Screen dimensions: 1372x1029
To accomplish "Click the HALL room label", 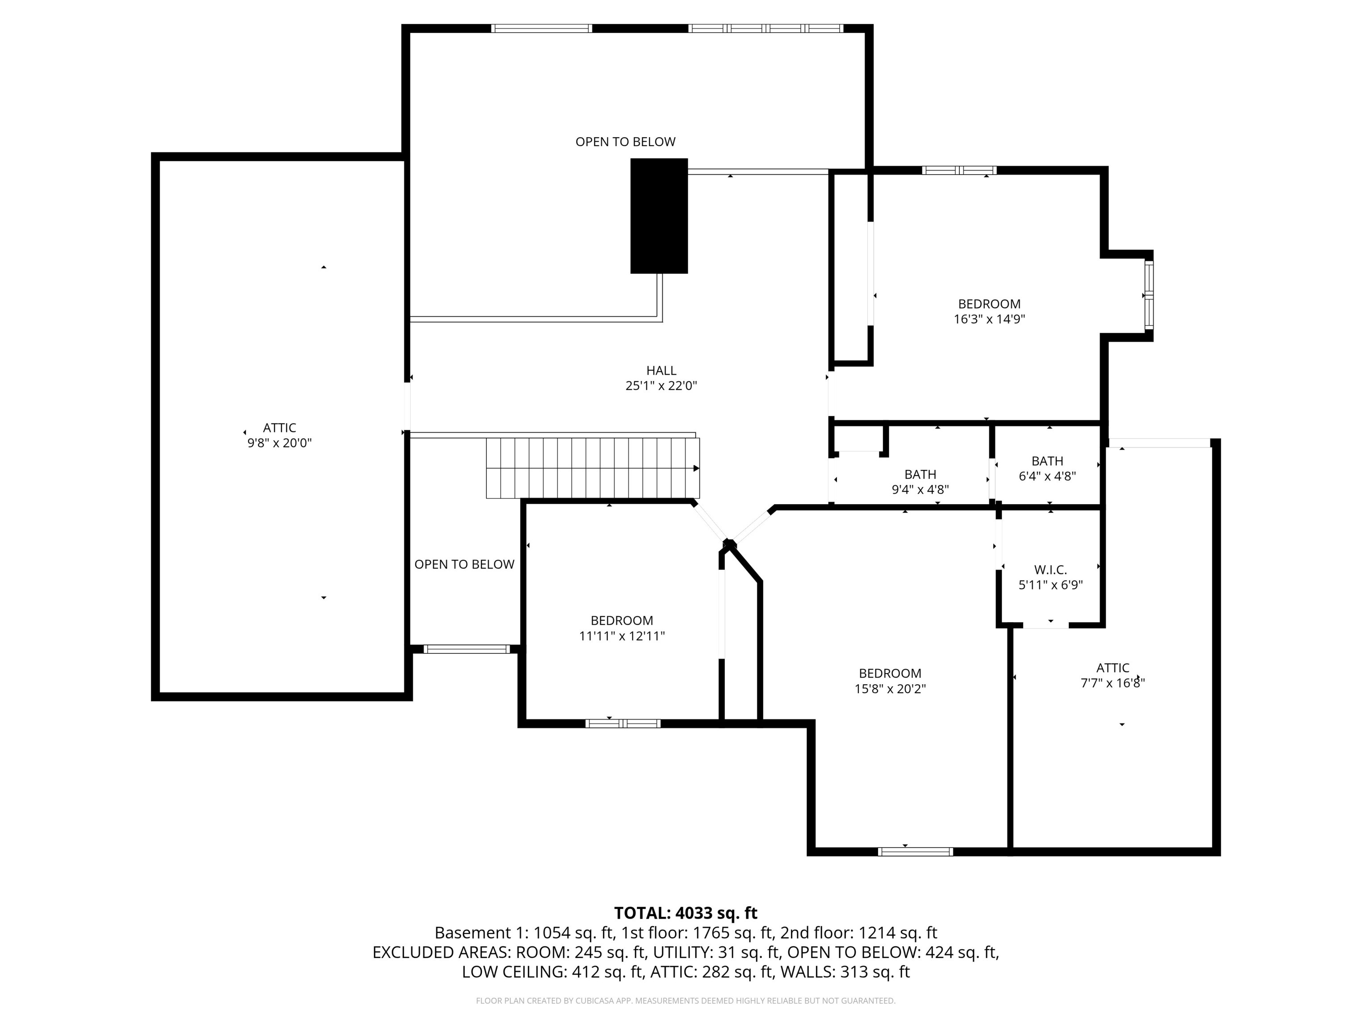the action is point(661,370).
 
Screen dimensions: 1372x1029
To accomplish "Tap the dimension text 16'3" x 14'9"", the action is point(989,319).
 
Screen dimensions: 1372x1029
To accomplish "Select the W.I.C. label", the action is point(1050,569).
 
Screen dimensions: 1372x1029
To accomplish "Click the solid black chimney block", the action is point(659,216).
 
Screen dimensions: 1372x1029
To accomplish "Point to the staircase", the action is point(592,468).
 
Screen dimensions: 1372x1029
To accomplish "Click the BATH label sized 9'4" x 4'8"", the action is point(920,474).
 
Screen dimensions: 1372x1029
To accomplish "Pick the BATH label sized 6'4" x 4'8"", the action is point(1047,461).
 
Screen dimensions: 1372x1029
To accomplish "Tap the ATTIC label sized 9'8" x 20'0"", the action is point(279,427).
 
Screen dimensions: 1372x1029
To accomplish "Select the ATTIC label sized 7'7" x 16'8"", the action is point(1113,668).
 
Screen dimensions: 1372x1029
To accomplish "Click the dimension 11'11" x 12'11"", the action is point(622,636).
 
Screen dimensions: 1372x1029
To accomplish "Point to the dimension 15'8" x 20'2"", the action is point(890,689).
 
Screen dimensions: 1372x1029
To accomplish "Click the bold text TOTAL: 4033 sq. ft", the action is point(686,913).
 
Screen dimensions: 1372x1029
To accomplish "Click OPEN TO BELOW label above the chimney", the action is point(625,142).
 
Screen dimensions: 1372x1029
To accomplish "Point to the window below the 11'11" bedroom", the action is point(623,723).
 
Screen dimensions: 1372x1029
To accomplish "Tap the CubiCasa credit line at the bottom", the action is point(686,1000).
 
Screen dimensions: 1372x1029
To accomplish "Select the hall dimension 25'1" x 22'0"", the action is point(661,386).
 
